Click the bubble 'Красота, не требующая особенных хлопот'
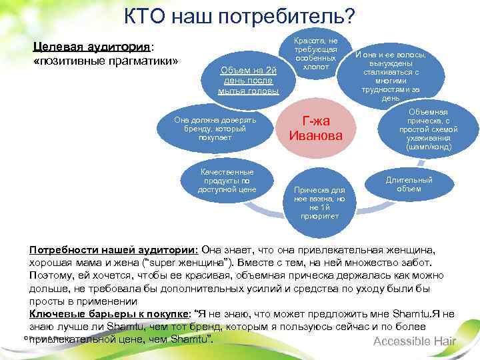(x=315, y=50)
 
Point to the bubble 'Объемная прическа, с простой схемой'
(x=424, y=129)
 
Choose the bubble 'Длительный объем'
(x=409, y=185)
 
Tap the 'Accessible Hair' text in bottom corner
(x=415, y=342)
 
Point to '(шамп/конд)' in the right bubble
(x=424, y=147)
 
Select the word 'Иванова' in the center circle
(x=315, y=136)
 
